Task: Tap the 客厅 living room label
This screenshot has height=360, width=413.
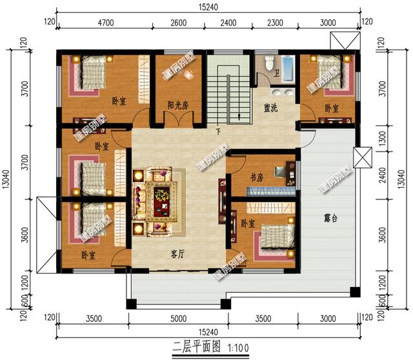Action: coord(177,254)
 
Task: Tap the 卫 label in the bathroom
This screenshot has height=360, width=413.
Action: coord(276,74)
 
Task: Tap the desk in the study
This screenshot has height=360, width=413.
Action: coord(281,174)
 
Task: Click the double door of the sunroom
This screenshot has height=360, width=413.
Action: coord(174,120)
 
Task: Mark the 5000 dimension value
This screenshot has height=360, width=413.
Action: coord(178,318)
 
